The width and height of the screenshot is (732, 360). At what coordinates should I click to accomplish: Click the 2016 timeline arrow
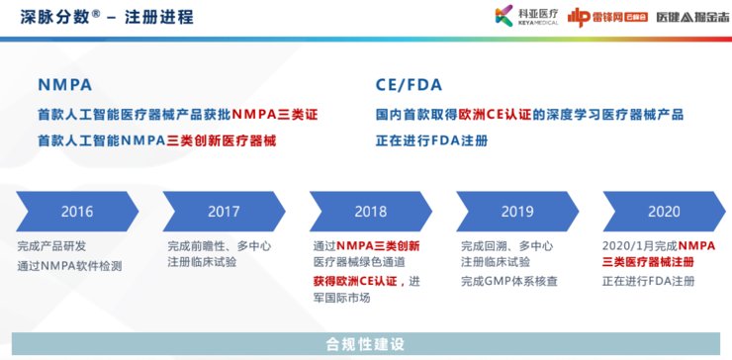76,212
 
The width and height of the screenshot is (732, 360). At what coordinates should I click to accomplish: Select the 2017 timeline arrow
224,212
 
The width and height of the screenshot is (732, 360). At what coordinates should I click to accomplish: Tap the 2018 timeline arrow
370,212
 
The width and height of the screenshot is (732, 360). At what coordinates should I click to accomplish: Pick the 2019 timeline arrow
517,212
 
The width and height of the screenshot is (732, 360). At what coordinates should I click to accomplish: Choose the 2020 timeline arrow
663,212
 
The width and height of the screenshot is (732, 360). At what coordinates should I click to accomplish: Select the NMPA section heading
66,84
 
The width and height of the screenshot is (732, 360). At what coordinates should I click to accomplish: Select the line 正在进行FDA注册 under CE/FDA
432,140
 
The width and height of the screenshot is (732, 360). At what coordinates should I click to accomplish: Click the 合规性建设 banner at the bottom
366,344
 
